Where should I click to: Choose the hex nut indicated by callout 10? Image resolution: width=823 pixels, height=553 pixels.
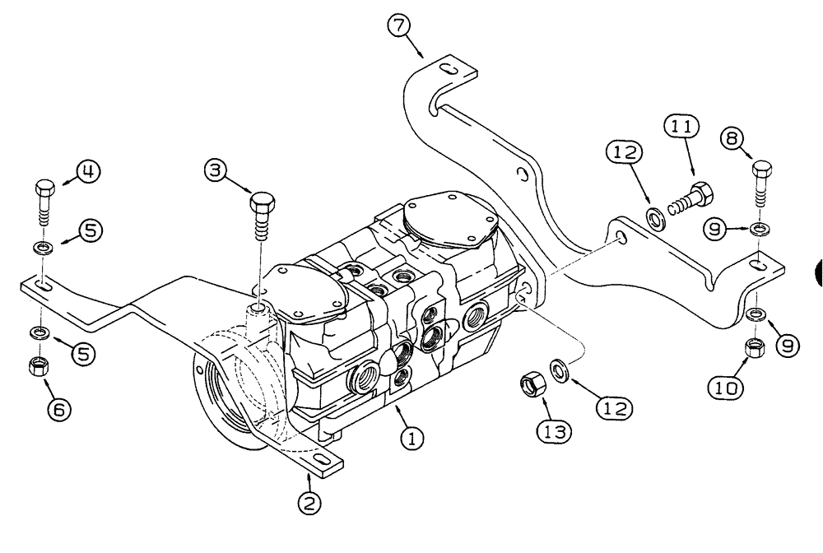(x=754, y=348)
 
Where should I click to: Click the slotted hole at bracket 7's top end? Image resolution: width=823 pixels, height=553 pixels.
(x=448, y=67)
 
